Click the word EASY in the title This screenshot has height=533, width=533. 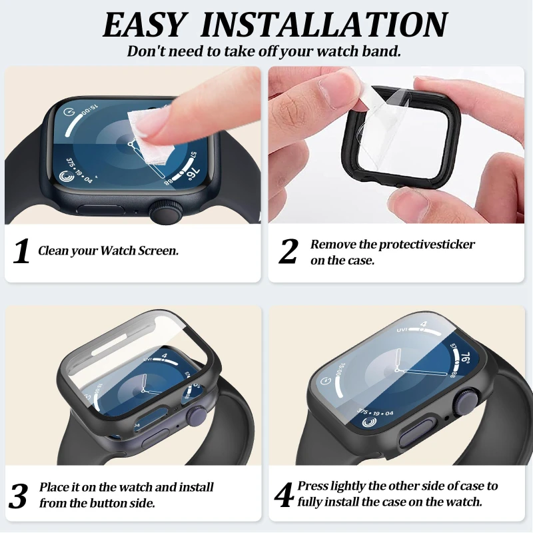pyautogui.click(x=144, y=25)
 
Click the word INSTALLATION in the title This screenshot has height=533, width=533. pyautogui.click(x=324, y=25)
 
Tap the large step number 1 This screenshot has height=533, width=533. pyautogui.click(x=21, y=251)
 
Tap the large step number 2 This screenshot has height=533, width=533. pyautogui.click(x=288, y=251)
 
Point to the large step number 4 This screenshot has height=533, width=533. pyautogui.click(x=284, y=495)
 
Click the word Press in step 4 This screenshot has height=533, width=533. pyautogui.click(x=312, y=486)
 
